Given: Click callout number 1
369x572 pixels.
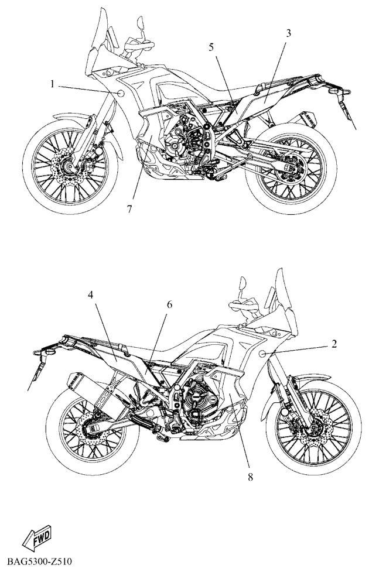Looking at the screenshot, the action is (52, 84).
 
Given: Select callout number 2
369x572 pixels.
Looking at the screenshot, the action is (334, 343).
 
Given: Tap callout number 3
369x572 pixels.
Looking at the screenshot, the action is (288, 33).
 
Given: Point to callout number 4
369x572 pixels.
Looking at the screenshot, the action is (90, 294).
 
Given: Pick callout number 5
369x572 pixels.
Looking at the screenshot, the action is (211, 47).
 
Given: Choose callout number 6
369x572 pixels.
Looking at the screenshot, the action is (169, 304).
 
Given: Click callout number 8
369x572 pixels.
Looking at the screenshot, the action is (250, 477).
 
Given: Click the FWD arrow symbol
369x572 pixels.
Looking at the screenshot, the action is (36, 537).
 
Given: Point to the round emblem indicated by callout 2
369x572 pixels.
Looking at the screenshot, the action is (262, 353).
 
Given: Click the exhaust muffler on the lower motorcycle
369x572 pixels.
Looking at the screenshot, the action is (92, 392).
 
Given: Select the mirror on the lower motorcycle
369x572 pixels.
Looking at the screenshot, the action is (242, 284).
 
